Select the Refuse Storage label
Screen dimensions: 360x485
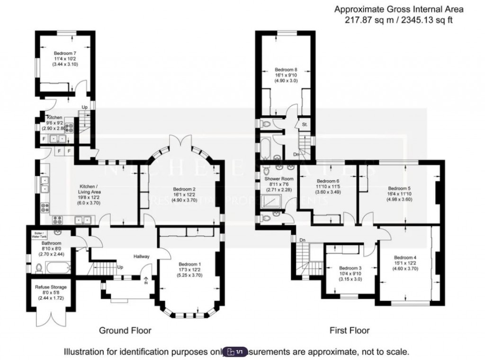coord(51,287)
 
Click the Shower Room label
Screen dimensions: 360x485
coord(279,179)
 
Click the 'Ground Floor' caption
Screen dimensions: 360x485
coord(125,330)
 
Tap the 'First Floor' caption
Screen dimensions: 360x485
coord(350,330)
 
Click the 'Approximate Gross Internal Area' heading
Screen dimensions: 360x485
coord(399,9)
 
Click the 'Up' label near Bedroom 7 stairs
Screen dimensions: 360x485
coord(85,107)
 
